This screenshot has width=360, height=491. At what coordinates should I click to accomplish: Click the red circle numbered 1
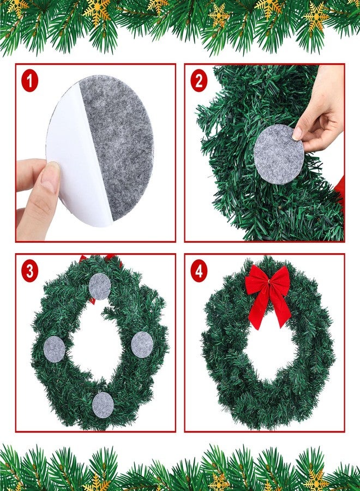30,81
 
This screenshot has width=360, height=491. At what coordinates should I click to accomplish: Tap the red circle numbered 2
199,81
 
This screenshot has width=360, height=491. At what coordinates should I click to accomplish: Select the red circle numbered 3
30,271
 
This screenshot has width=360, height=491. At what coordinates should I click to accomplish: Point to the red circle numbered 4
199,271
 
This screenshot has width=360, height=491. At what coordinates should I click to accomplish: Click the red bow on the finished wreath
268,295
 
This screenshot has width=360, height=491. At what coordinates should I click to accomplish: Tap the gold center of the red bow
268,283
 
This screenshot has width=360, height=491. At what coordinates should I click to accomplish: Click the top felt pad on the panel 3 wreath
100,286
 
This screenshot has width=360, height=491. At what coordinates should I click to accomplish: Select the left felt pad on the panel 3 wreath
54,349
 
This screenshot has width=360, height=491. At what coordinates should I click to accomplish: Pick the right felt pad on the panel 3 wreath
142,344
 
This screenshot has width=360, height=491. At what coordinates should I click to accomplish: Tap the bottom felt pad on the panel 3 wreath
103,405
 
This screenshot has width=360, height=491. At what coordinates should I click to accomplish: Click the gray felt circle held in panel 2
278,154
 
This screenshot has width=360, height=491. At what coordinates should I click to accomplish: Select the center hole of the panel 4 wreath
269,348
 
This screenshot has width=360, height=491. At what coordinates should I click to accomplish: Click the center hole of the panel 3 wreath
97,344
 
